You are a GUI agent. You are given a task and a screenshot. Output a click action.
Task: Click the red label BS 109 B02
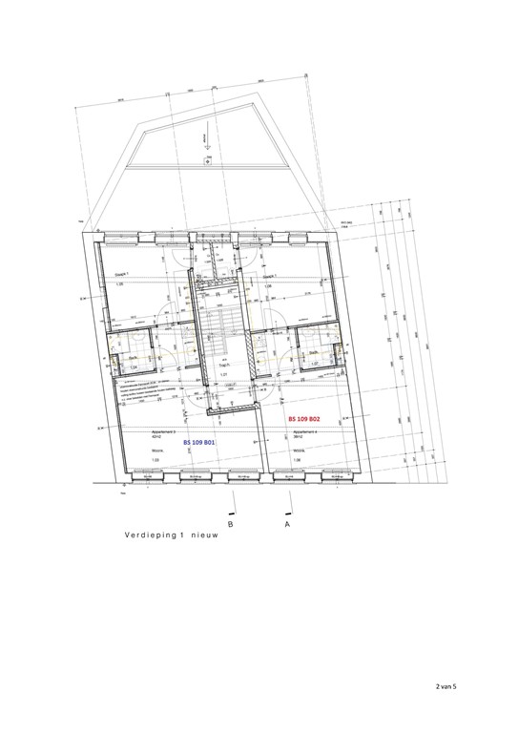tap(311, 419)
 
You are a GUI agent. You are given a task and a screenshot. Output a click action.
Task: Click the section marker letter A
tap(286, 524)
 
